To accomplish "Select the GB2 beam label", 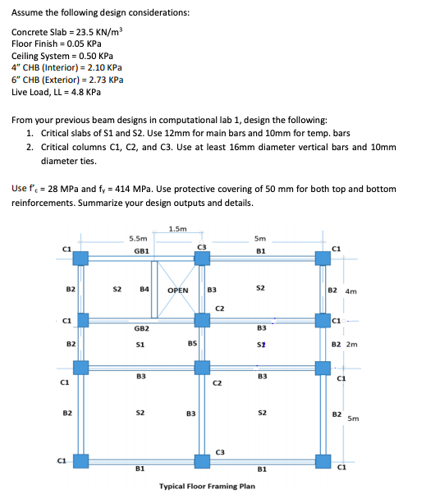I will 140,327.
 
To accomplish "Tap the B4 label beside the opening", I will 144,289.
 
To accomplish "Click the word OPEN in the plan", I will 178,290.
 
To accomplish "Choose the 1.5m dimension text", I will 177,228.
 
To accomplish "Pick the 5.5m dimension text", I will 138,239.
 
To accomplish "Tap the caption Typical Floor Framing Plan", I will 206,486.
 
